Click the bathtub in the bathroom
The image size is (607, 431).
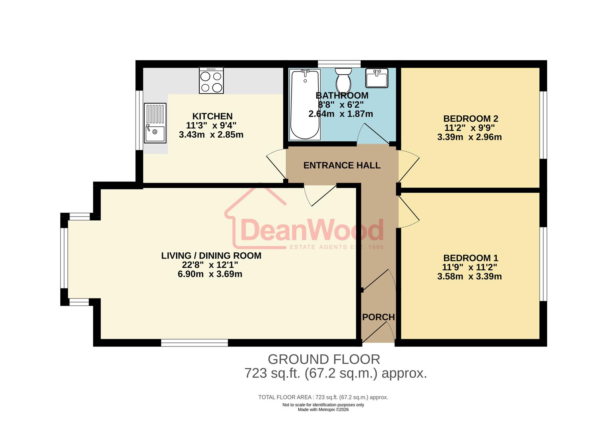(x=305, y=105)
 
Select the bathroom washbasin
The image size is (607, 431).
(x=377, y=78)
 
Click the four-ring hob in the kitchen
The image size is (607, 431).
(x=211, y=81)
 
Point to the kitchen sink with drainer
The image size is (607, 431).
(x=155, y=123)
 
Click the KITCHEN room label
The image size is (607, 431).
(x=212, y=116)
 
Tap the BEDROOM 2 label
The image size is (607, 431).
(x=471, y=119)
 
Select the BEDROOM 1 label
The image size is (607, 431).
(x=471, y=258)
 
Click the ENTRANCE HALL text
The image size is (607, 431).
(x=342, y=165)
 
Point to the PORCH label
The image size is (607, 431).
(x=378, y=317)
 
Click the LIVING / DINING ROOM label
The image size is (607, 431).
(x=211, y=255)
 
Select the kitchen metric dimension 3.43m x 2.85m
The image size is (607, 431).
(x=211, y=135)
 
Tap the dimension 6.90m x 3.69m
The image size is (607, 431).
(x=210, y=274)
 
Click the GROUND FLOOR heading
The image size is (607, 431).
(x=324, y=359)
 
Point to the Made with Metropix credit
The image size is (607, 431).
(x=323, y=409)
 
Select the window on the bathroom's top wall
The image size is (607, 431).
(x=339, y=64)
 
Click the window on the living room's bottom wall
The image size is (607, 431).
(x=194, y=342)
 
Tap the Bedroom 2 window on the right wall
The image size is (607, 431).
(x=543, y=125)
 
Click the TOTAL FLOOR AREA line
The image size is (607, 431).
(x=323, y=397)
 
